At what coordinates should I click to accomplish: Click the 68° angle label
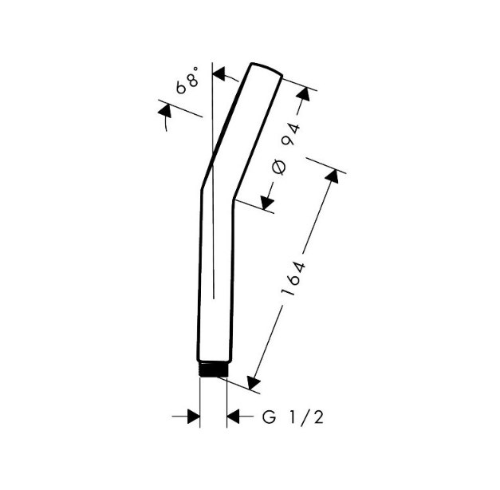(x=187, y=80)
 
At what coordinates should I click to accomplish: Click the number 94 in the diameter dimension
(x=292, y=133)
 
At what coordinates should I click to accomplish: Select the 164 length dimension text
(x=293, y=279)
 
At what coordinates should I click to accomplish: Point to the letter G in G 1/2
(x=269, y=417)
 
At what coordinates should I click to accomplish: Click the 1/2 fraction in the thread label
(x=306, y=417)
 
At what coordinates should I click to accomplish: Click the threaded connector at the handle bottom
(x=214, y=369)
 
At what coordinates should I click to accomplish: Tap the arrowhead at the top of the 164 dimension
(x=333, y=176)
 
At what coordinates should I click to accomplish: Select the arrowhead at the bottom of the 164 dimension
(x=253, y=382)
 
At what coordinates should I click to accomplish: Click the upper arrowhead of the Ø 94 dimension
(x=303, y=94)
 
